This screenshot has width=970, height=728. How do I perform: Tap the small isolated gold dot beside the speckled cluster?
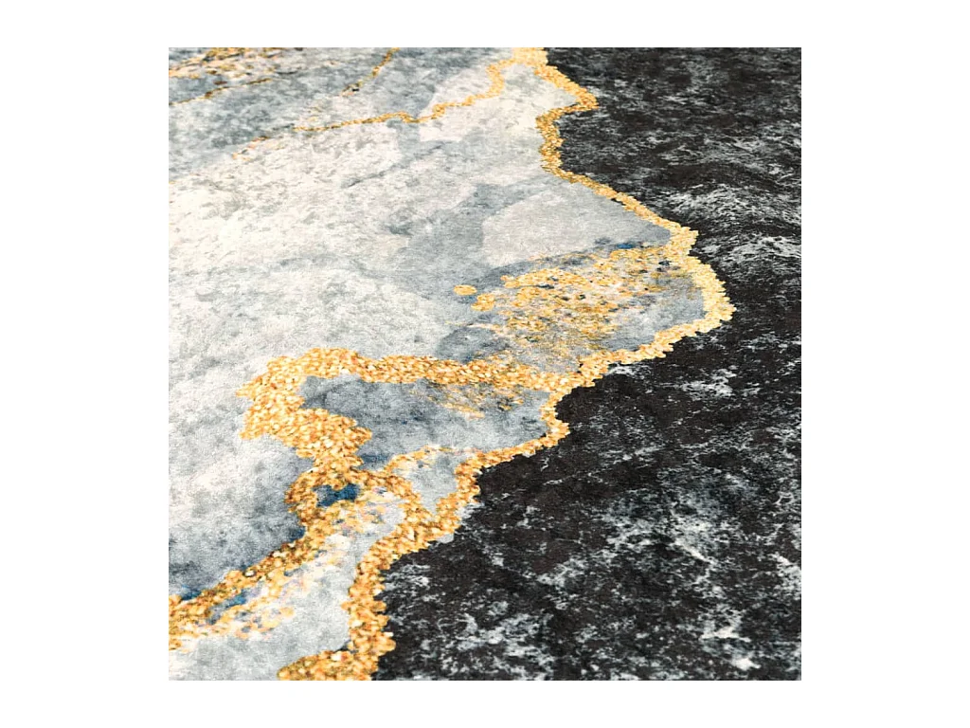pos(464,290)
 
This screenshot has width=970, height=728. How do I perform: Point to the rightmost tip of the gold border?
pos(731,310)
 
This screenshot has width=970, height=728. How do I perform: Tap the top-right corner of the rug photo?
pos(799,49)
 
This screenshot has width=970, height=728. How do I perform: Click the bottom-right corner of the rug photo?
pos(799,679)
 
